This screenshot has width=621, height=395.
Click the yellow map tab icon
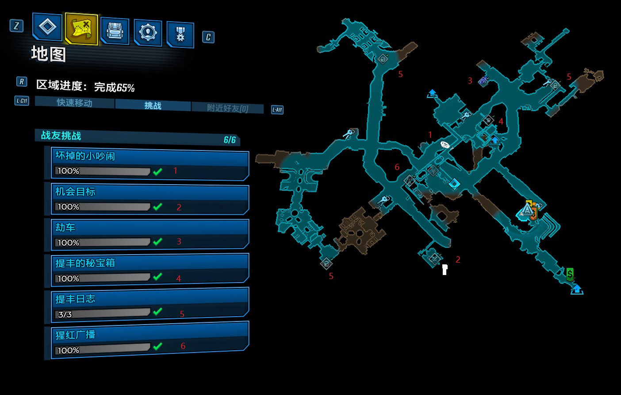(81, 28)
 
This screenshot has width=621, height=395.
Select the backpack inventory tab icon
(115, 31)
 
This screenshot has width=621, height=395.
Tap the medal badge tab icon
(180, 34)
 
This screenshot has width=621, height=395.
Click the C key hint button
(208, 37)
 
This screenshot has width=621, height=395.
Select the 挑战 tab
(153, 105)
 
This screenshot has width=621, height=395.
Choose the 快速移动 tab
(74, 103)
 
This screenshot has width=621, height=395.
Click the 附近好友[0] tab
(227, 108)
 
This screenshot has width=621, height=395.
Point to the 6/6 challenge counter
(230, 140)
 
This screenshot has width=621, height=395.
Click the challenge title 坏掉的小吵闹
(85, 156)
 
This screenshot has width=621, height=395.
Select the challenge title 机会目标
(75, 192)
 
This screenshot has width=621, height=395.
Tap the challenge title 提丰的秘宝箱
(85, 263)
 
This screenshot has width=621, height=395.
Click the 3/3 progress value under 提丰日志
(65, 314)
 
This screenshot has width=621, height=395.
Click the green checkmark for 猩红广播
(157, 346)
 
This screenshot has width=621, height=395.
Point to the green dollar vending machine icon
(570, 274)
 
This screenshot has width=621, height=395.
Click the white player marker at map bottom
(445, 269)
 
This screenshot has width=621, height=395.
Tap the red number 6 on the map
(397, 167)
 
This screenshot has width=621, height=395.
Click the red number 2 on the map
(458, 259)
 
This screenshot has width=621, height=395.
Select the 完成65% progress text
(114, 87)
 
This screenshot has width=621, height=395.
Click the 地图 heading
(49, 54)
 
